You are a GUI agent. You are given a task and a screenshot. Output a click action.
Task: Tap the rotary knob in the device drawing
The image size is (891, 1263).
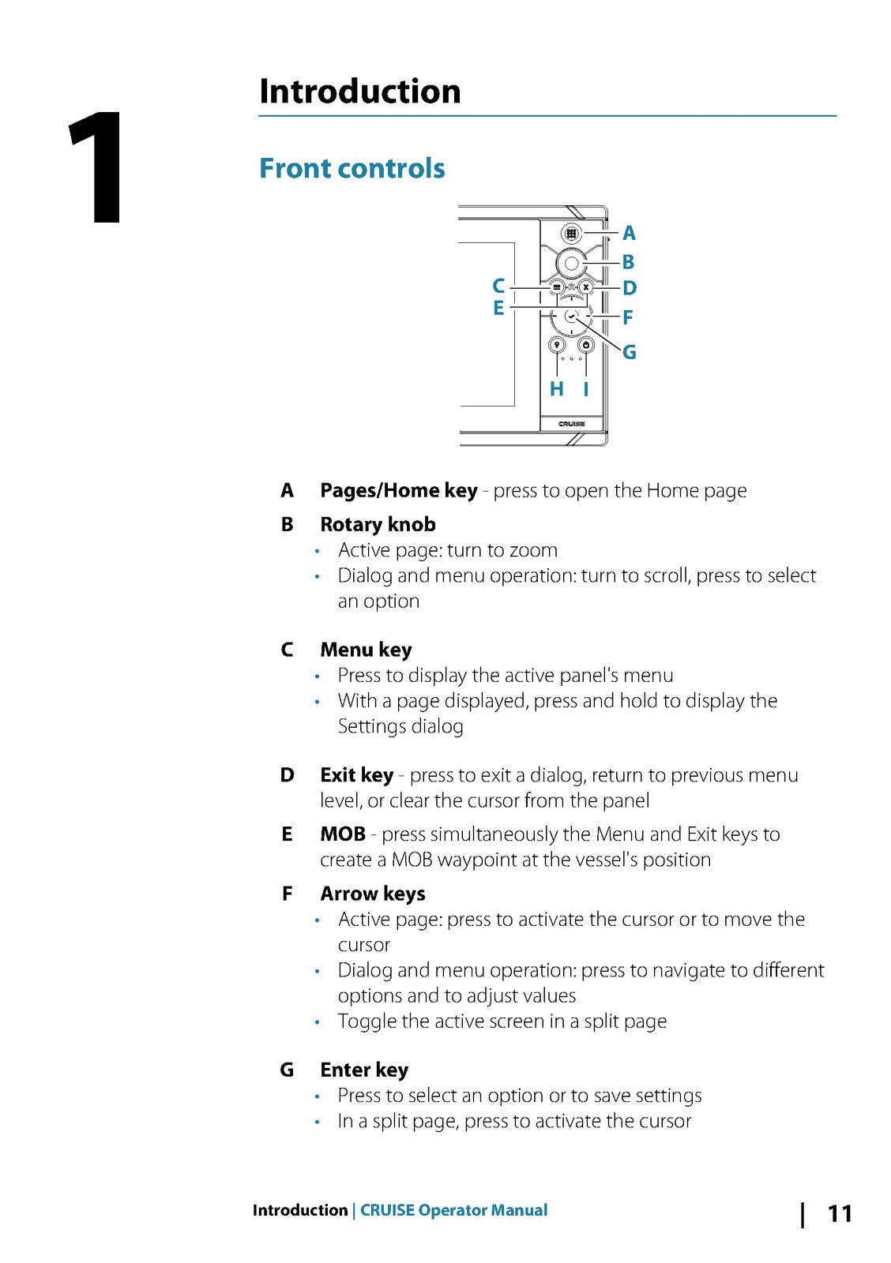pyautogui.click(x=571, y=263)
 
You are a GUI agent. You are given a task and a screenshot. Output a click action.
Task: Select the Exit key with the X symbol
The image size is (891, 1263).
pyautogui.click(x=585, y=287)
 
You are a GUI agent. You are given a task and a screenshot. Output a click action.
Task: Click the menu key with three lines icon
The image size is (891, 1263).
pyautogui.click(x=557, y=287)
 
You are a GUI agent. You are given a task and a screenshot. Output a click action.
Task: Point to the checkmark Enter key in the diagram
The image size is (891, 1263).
pyautogui.click(x=571, y=317)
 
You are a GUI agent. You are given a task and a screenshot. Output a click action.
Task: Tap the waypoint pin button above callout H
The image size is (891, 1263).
pyautogui.click(x=557, y=345)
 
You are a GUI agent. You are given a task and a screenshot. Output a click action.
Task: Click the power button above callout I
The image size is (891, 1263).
pyautogui.click(x=586, y=345)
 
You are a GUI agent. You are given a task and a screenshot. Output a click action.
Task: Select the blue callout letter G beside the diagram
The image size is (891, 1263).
pyautogui.click(x=629, y=352)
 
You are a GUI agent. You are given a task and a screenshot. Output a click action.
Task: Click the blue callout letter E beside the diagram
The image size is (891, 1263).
pyautogui.click(x=498, y=308)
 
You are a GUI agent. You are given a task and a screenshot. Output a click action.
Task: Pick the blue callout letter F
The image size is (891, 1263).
pyautogui.click(x=627, y=317)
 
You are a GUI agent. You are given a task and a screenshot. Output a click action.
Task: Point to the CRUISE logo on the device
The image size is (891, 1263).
pyautogui.click(x=571, y=424)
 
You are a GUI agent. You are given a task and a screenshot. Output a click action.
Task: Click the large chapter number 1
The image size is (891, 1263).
pyautogui.click(x=96, y=168)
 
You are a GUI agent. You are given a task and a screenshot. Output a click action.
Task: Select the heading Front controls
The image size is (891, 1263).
pyautogui.click(x=352, y=168)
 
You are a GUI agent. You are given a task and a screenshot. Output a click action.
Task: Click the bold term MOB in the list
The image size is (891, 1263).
pyautogui.click(x=343, y=834)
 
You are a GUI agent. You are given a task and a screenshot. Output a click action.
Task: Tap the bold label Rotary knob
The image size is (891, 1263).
pyautogui.click(x=378, y=524)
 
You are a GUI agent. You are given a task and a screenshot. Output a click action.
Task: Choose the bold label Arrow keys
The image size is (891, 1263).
pyautogui.click(x=373, y=894)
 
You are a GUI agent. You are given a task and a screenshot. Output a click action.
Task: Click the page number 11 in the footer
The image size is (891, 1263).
pyautogui.click(x=839, y=1213)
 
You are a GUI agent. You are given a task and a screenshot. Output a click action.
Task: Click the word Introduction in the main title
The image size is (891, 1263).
pyautogui.click(x=359, y=92)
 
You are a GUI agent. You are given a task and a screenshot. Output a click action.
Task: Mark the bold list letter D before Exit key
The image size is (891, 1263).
pyautogui.click(x=287, y=775)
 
